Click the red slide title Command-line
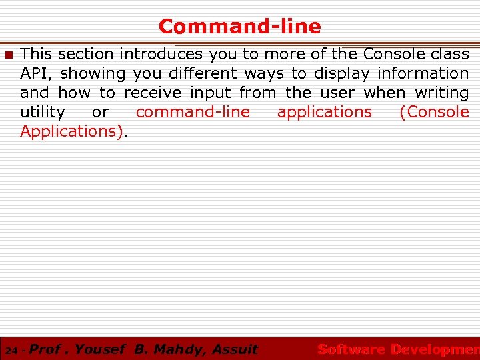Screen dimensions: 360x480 point(239,27)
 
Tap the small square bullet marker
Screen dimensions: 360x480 point(8,55)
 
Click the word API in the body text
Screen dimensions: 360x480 point(33,73)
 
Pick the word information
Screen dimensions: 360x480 point(427,73)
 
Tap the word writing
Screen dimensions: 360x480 point(442,93)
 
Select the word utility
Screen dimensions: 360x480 point(43,112)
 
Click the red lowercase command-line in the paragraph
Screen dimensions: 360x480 point(193,112)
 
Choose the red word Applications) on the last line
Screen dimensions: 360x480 point(72,131)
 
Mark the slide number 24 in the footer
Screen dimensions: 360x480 point(11,350)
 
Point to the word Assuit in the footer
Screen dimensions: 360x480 point(235,349)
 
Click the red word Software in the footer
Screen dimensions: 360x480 point(351,349)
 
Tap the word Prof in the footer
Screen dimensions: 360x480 point(46,349)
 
